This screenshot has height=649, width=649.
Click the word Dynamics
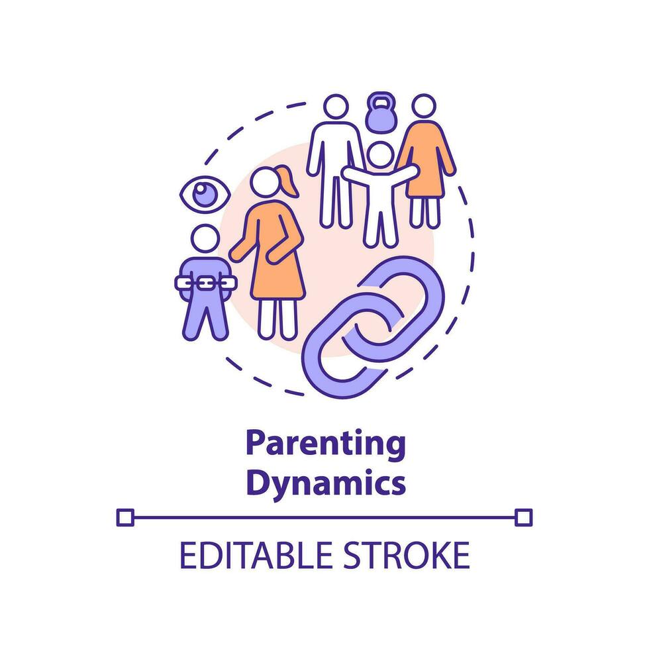pyautogui.click(x=325, y=483)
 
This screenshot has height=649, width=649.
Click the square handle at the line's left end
pyautogui.click(x=125, y=517)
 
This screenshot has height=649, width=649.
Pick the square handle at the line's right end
pyautogui.click(x=523, y=517)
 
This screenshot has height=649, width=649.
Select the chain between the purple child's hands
pyautogui.click(x=205, y=283)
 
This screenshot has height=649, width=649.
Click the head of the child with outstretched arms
pyautogui.click(x=380, y=155)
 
